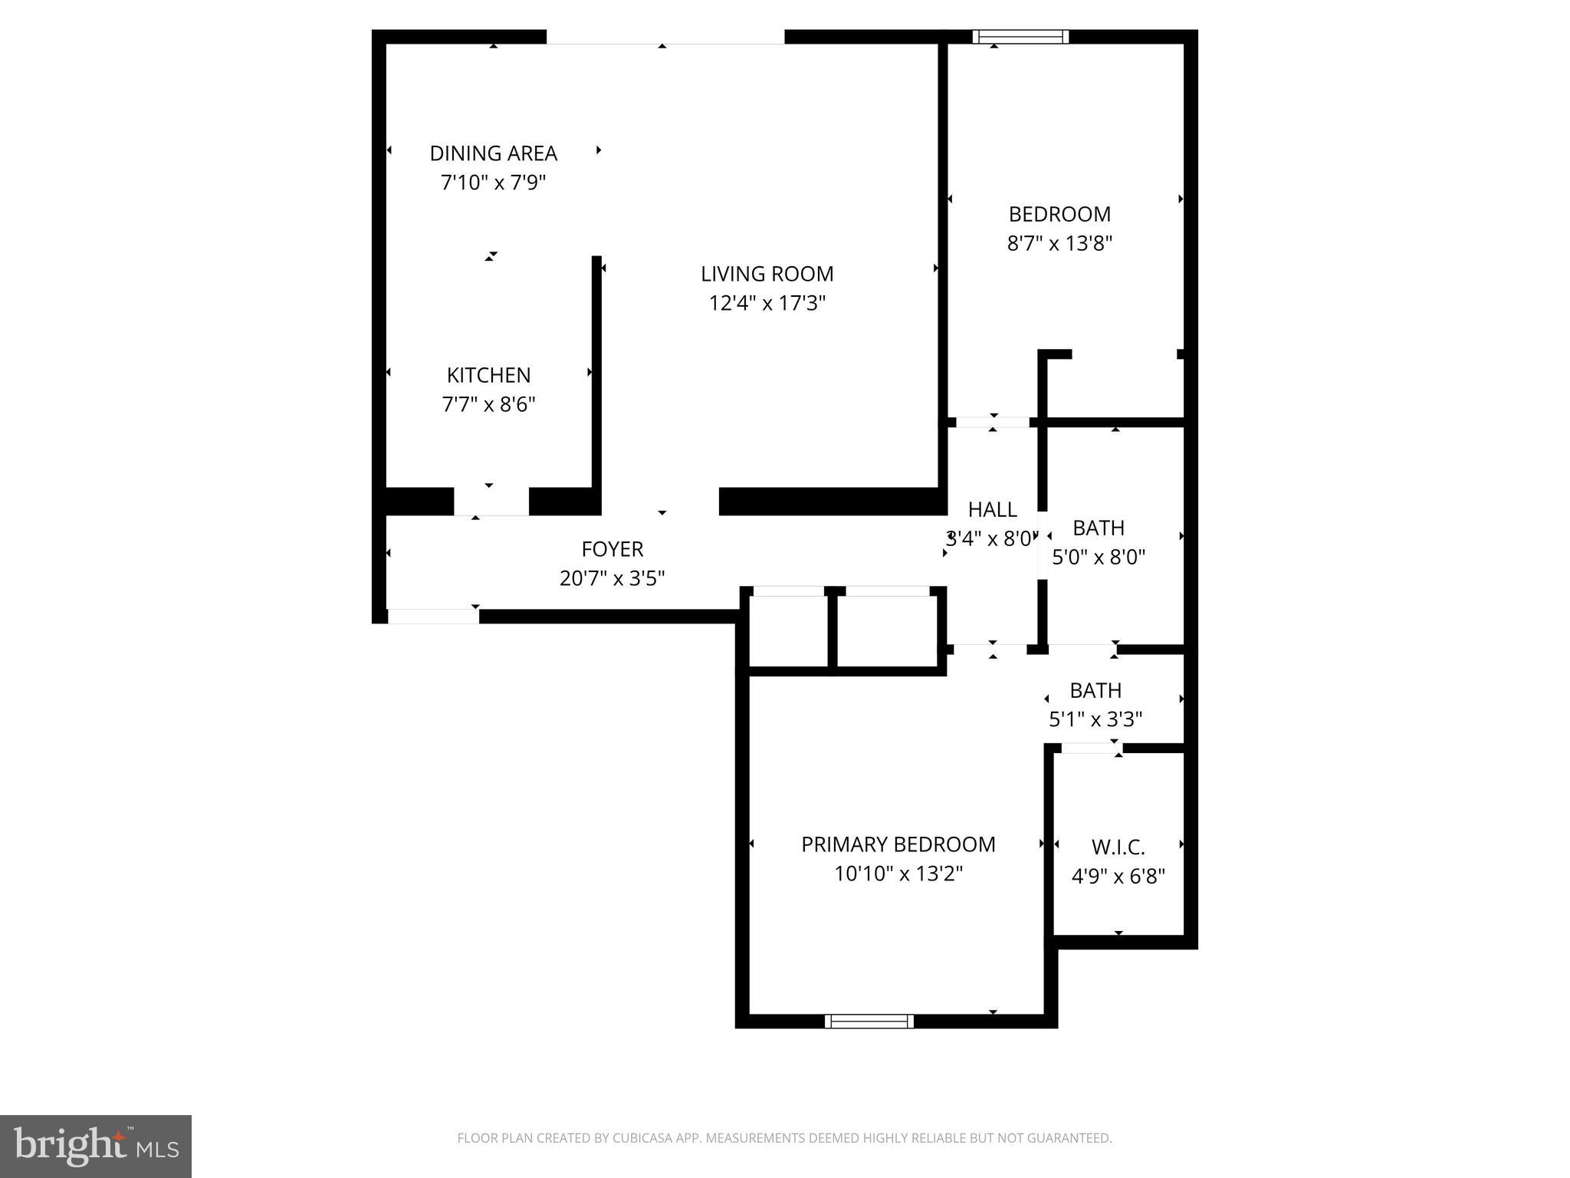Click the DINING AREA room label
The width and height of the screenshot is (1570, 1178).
(493, 153)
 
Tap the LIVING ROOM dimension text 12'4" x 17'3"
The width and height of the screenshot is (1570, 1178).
(767, 303)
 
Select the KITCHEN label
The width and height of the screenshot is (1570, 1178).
(488, 375)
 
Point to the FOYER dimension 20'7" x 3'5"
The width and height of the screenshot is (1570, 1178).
(612, 578)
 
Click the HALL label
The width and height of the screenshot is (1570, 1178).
(992, 509)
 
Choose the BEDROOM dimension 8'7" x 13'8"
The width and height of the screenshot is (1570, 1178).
(1059, 243)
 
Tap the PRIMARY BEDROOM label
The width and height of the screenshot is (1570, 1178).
(898, 844)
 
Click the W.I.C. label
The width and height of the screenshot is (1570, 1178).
(1118, 847)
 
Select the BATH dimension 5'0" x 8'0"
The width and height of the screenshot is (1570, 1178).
(1098, 557)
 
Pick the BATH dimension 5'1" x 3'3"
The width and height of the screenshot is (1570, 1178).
(1095, 719)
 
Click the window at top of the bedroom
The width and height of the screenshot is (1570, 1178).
(1020, 36)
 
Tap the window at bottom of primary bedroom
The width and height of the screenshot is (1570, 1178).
(869, 1021)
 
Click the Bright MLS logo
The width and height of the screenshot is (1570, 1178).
(96, 1146)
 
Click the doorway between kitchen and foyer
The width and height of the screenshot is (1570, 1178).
(491, 502)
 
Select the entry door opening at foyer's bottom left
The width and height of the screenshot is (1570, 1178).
(433, 616)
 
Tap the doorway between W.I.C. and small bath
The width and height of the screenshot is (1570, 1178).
(1092, 748)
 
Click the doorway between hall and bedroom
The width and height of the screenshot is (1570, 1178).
(993, 422)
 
